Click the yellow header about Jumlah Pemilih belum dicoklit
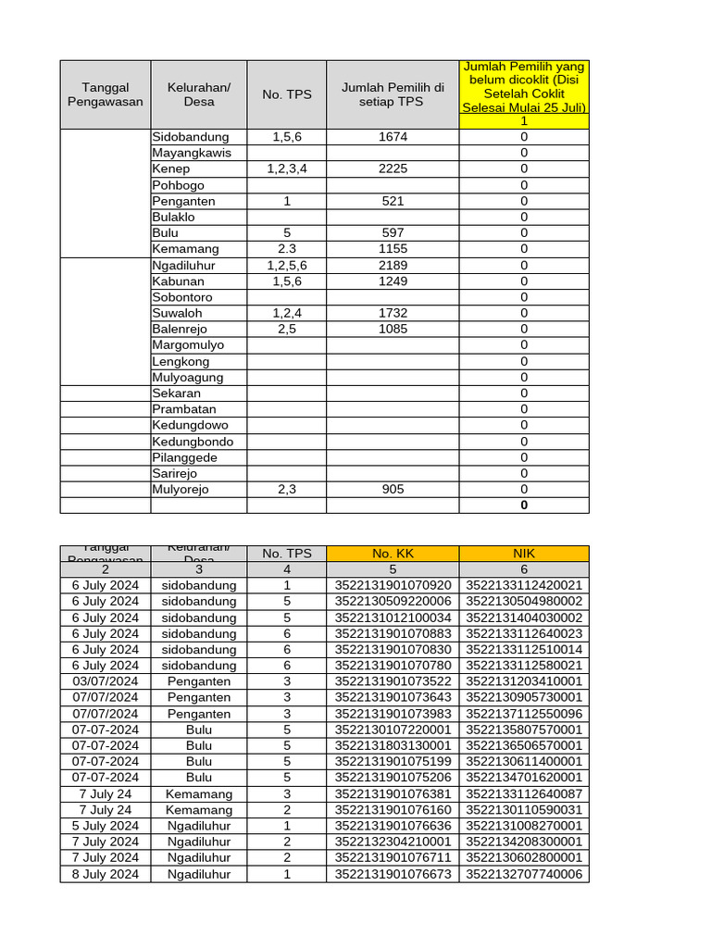524,94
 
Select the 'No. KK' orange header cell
393,554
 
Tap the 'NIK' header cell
524,554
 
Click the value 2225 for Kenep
393,169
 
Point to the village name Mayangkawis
192,153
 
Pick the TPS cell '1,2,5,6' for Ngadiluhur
287,265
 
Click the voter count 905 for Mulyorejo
393,490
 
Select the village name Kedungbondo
193,442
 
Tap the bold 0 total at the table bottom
524,505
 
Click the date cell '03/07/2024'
106,681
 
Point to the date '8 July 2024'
106,874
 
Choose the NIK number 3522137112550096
524,714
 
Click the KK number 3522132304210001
393,842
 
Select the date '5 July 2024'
106,826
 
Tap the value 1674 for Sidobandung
393,137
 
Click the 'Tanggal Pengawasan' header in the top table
106,94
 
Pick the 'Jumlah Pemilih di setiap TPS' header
393,94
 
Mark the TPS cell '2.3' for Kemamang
287,249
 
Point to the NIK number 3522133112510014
524,650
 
